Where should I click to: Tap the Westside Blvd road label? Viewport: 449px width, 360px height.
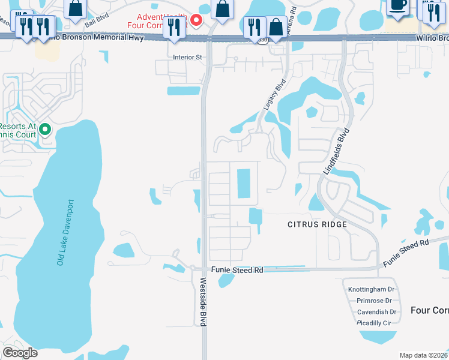point(203,302)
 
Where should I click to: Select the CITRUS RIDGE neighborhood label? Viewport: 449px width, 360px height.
point(317,224)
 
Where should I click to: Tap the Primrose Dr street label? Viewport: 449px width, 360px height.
point(374,301)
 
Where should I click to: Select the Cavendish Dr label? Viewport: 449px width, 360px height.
point(376,312)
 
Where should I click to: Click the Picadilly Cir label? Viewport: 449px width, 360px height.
point(374,323)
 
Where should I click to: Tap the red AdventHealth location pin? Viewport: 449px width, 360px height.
point(196,20)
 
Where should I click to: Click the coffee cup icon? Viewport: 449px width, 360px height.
point(398,5)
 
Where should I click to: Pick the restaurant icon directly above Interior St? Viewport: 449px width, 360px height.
point(174,26)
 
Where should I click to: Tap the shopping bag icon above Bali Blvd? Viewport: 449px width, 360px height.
point(76,8)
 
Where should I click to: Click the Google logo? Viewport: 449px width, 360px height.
point(20,353)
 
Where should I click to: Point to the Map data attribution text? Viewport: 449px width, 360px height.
point(424,356)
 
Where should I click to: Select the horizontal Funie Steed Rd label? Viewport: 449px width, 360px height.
point(237,271)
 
